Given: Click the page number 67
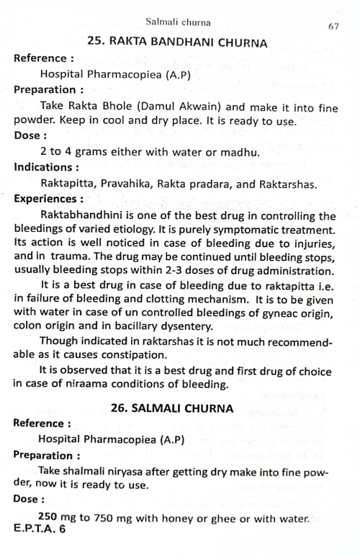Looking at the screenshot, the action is (x=333, y=27).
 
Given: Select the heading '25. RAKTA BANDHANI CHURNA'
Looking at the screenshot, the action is (x=178, y=42).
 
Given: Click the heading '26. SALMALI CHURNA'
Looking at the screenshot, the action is (x=173, y=408).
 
